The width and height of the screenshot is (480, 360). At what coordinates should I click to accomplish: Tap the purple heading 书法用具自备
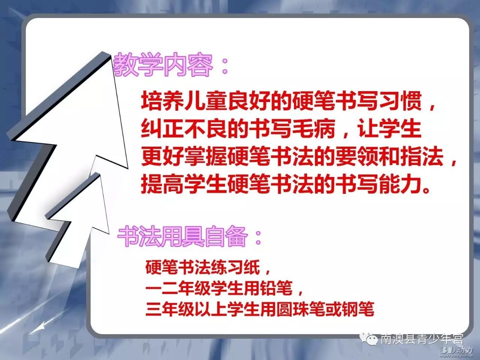coord(183,237)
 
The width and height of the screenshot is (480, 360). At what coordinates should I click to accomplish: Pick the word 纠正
coord(162,129)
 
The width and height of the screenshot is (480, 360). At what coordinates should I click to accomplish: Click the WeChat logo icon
coord(369,340)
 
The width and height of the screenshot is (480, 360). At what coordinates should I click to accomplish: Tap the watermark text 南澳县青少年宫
coord(422,339)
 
